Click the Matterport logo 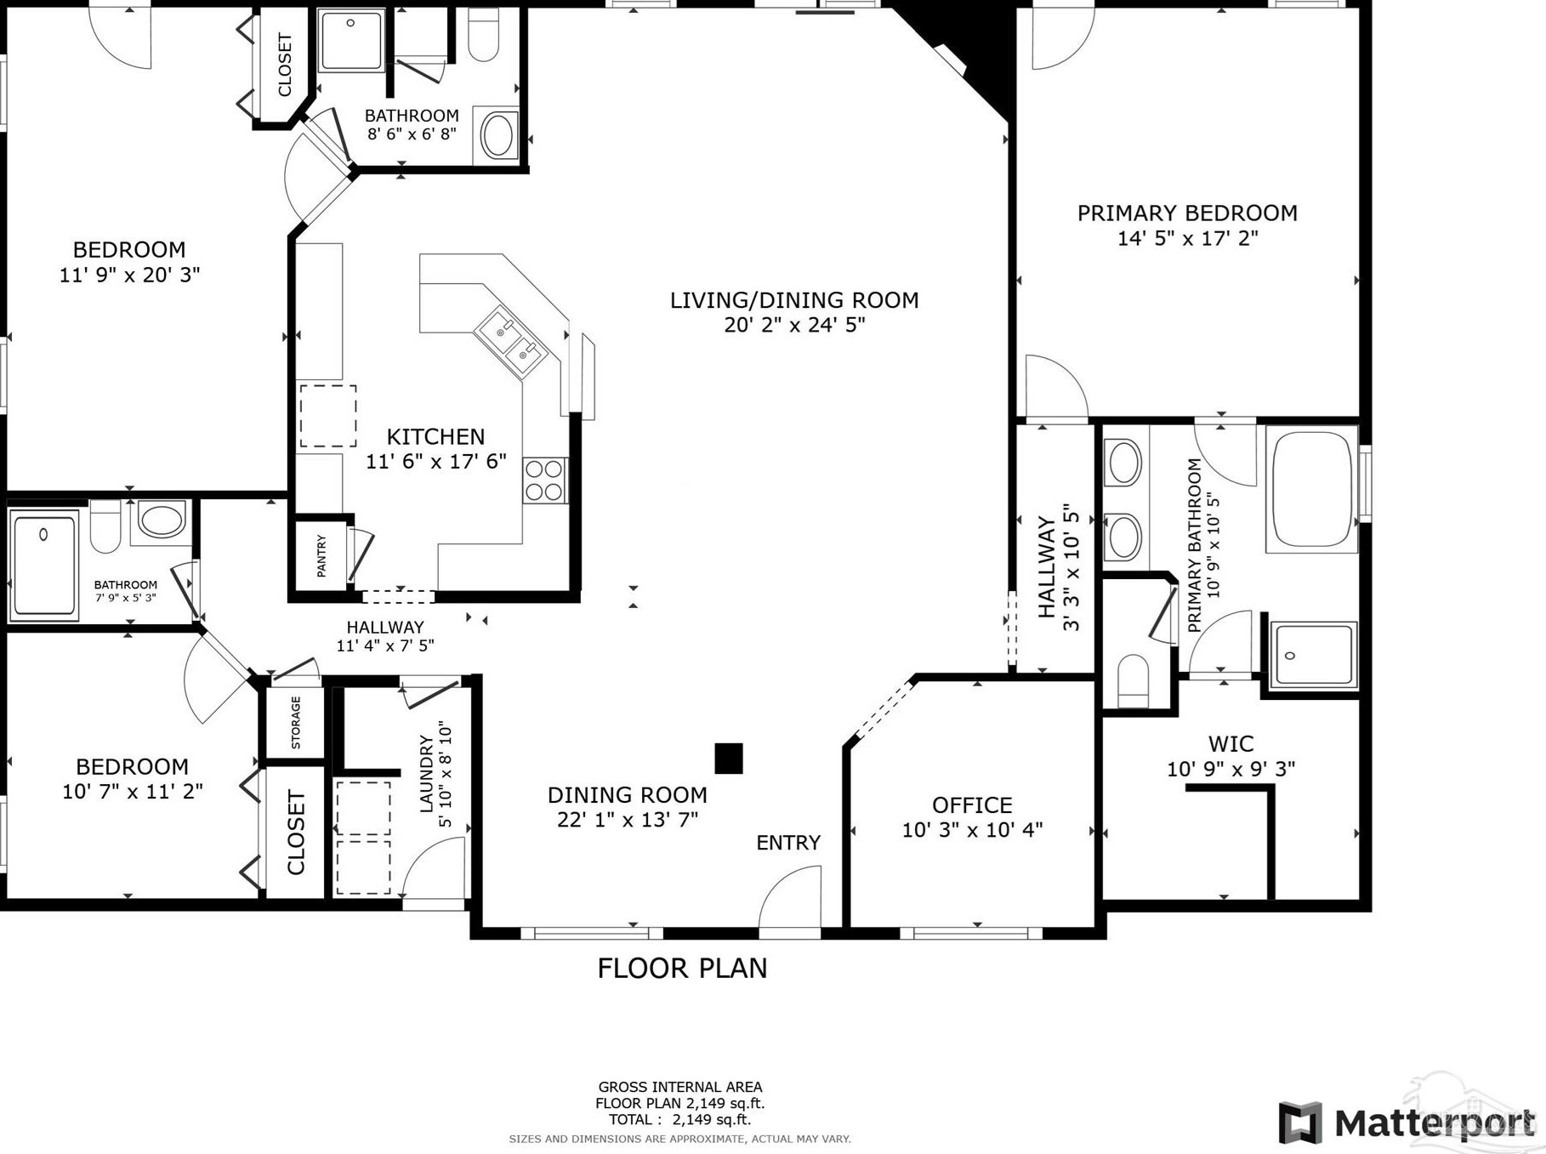tap(1407, 1123)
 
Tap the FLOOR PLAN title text tap(682, 968)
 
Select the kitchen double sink tap(510, 343)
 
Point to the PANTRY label tap(321, 556)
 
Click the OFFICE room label tap(972, 804)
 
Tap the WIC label tap(1231, 744)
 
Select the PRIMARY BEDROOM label tap(1187, 213)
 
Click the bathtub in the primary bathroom tap(1311, 490)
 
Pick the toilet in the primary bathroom tap(1134, 680)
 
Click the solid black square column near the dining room tap(729, 759)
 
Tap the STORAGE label tap(296, 723)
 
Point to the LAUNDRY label tap(427, 774)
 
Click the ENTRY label tap(788, 843)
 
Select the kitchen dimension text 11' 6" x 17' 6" tap(436, 462)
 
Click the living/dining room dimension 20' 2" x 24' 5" tap(794, 325)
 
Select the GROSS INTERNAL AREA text tap(680, 1087)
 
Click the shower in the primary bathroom tap(1314, 655)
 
